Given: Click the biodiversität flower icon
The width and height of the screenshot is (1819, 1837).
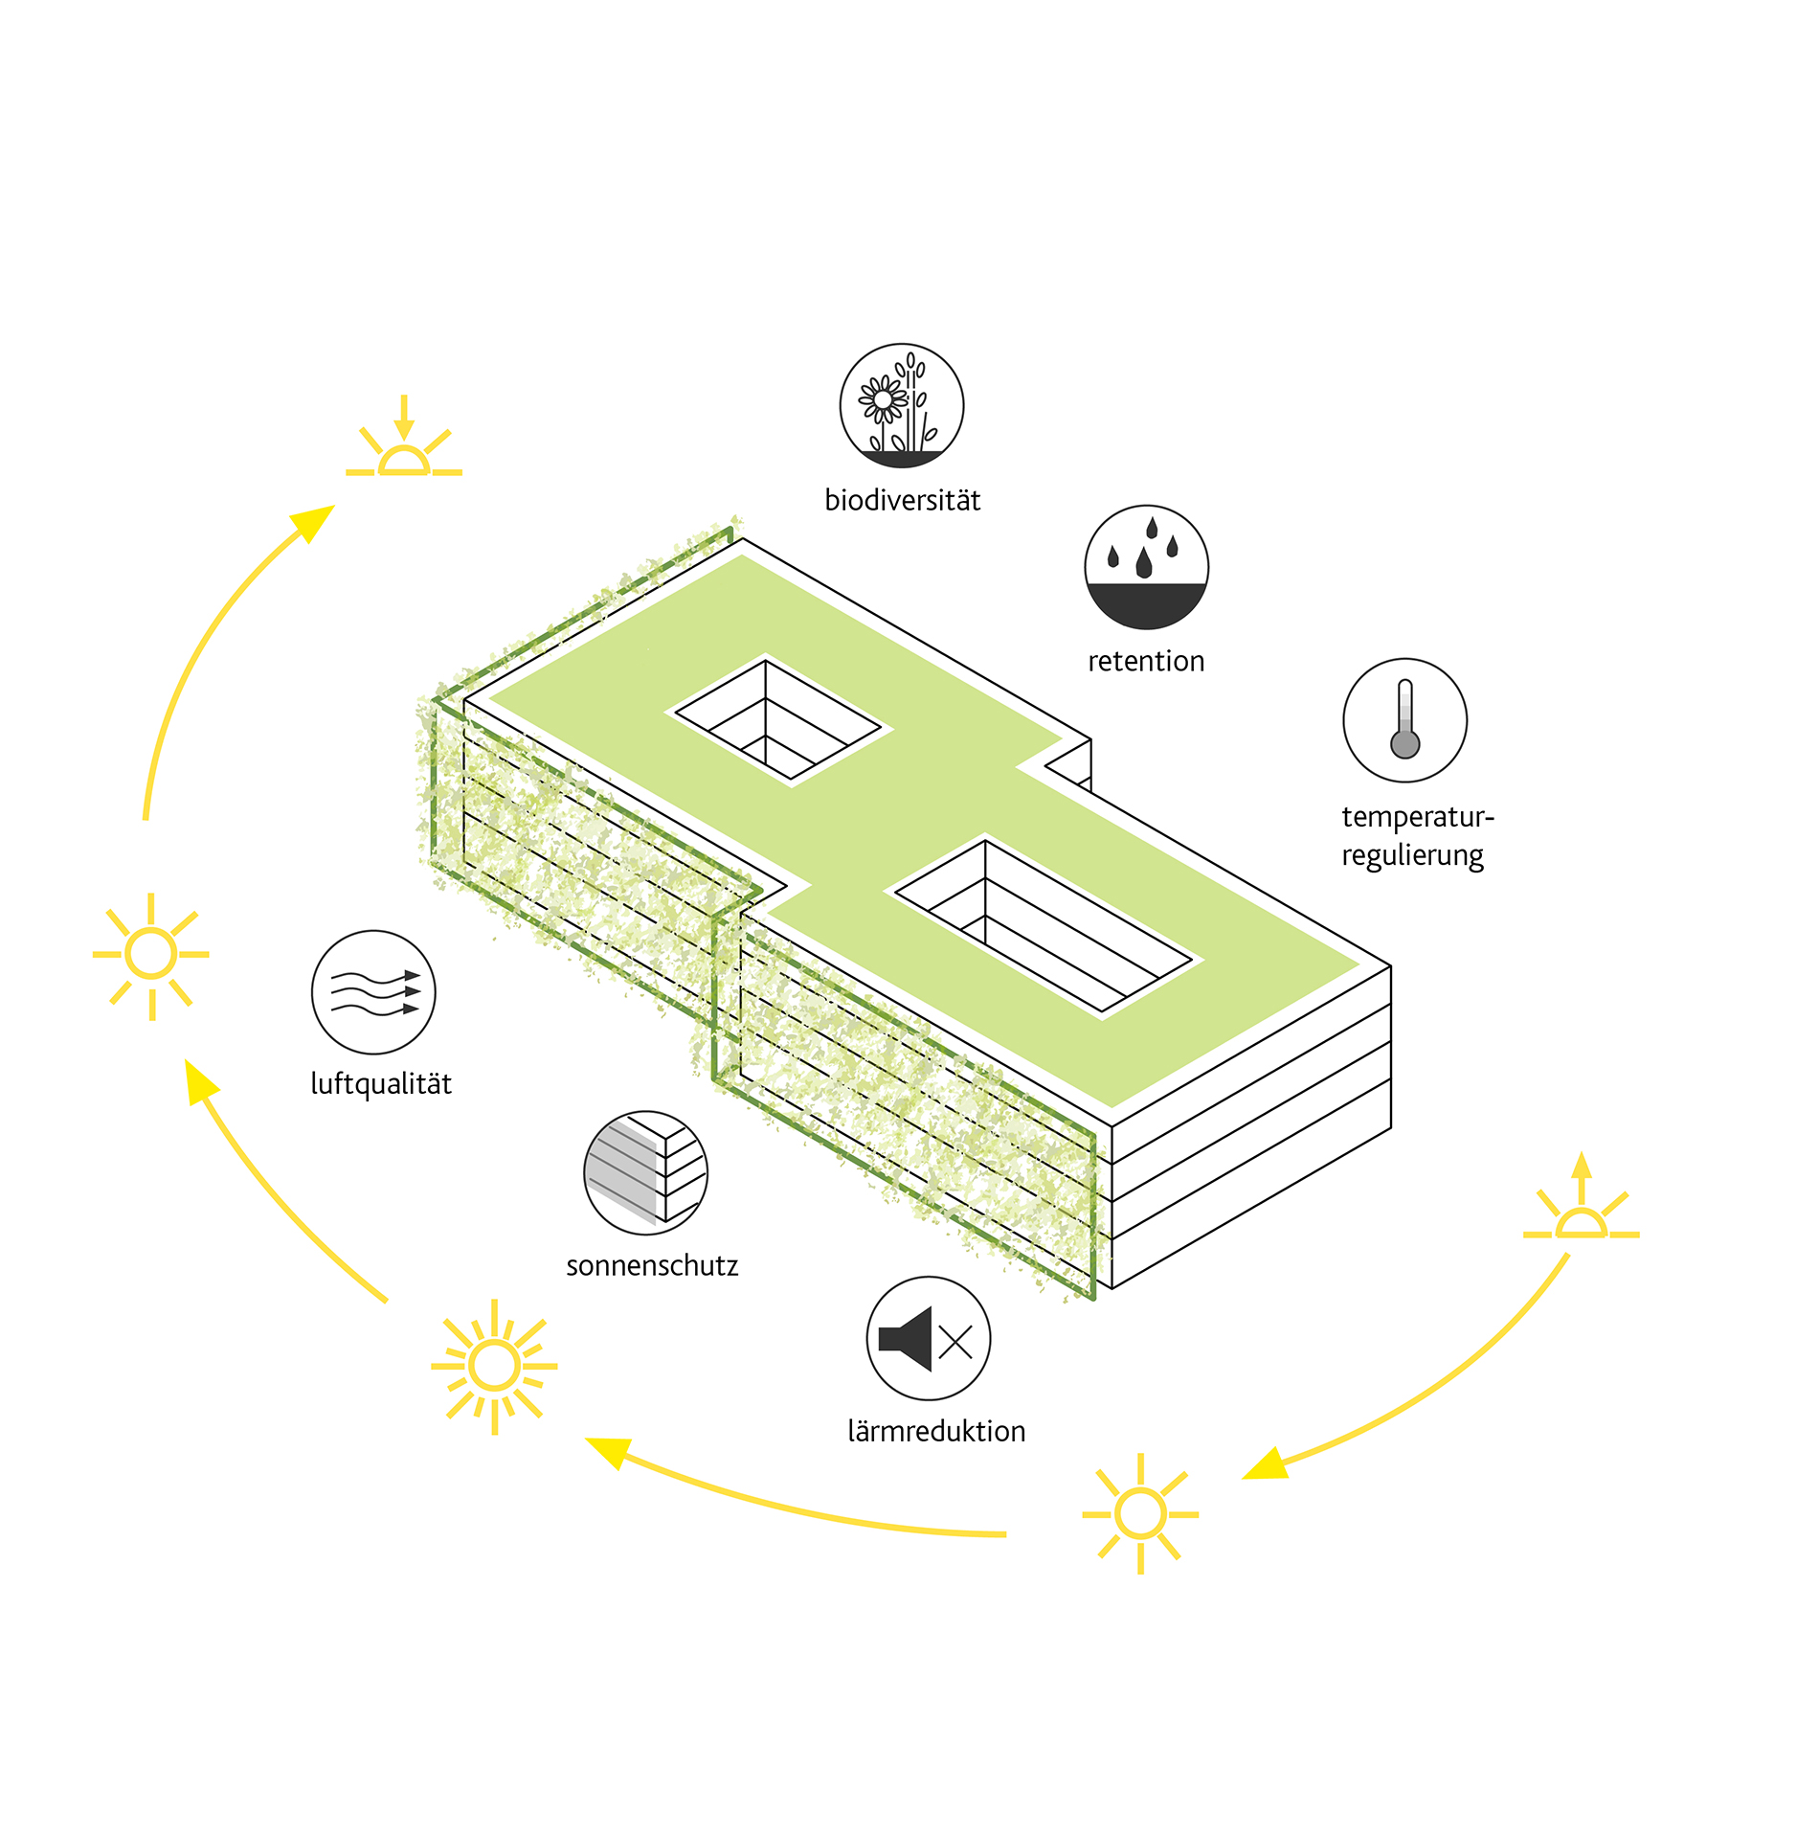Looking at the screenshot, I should coord(901,406).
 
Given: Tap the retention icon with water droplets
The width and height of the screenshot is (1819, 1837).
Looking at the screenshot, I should coord(1146,567).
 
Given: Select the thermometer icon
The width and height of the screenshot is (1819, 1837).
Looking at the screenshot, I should coord(1404,720).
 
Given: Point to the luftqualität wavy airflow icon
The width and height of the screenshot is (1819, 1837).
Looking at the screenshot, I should coord(373,992).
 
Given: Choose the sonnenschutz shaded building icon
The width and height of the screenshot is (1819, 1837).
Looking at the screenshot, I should coord(645,1172).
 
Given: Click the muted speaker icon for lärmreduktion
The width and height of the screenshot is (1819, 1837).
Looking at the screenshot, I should coord(928,1338).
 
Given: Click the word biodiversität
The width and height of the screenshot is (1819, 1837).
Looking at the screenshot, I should coord(902,501).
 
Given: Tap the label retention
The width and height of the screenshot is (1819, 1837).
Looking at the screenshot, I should coord(1146,661).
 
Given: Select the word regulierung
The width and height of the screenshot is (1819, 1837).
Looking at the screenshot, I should coord(1412,855).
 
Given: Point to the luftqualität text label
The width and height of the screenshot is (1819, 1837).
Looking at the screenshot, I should coord(381,1084).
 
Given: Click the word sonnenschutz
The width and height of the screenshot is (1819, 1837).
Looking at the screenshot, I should coord(652,1266).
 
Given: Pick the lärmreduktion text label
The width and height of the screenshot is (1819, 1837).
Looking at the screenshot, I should coord(936,1432).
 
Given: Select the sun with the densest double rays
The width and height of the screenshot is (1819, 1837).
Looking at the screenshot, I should coord(494,1366).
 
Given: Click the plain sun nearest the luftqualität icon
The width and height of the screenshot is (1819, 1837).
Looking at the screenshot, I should coord(151,955).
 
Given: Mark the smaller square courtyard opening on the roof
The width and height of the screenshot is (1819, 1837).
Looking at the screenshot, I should coord(777,724).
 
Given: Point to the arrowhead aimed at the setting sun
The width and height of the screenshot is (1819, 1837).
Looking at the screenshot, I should coord(315,522).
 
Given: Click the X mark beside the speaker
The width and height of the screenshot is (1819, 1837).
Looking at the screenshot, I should coord(955,1342).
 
